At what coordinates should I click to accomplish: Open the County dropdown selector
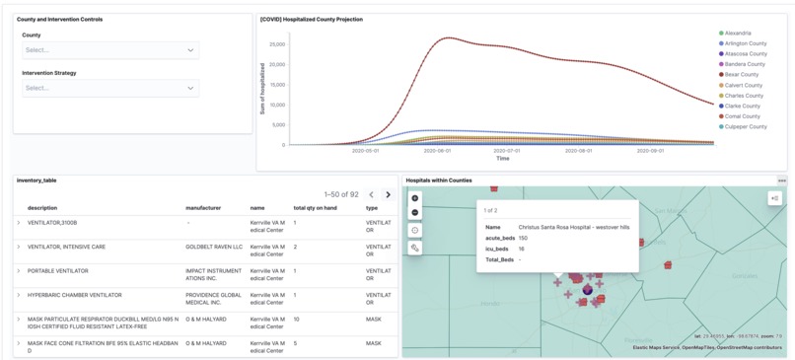pos(109,50)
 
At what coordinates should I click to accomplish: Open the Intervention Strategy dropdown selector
pos(109,88)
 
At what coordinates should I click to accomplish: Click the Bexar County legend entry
pos(741,75)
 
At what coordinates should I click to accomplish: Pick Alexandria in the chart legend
pos(737,34)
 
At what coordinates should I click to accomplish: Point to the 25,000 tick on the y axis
pos(276,44)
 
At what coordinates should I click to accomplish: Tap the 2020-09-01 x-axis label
pos(650,151)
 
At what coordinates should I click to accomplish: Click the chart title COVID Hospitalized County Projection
pos(312,20)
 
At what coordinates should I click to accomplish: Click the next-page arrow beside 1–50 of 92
pos(388,195)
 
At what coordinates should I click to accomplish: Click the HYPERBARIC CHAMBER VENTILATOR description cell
pos(75,295)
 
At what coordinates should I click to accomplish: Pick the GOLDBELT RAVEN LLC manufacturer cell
pos(214,247)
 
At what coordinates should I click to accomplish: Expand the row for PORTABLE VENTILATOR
pos(19,271)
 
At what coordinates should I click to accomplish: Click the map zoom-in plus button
pos(415,198)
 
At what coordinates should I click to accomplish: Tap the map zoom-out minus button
pos(415,213)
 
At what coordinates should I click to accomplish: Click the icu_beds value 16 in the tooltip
pos(522,250)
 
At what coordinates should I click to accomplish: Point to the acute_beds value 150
pos(524,238)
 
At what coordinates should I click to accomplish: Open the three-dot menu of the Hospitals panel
pos(781,180)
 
